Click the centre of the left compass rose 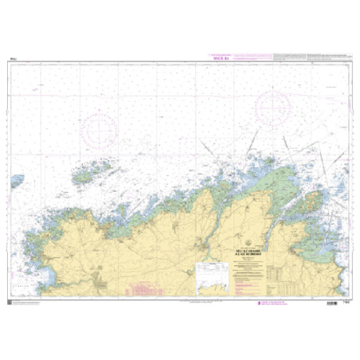pyautogui.click(x=100, y=127)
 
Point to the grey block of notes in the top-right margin pyautogui.click(x=311, y=57)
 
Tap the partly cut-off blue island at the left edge pyautogui.click(x=16, y=182)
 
